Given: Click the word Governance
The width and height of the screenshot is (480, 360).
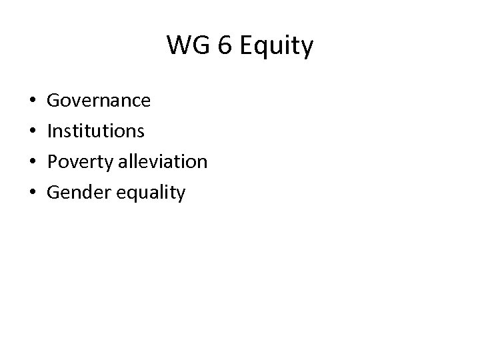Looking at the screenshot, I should [x=99, y=101].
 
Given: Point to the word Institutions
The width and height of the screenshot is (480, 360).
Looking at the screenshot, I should [x=95, y=131].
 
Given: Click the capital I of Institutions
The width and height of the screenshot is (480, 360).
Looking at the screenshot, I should [x=49, y=131].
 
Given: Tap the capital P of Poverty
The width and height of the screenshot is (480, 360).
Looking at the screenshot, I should [x=53, y=161].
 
